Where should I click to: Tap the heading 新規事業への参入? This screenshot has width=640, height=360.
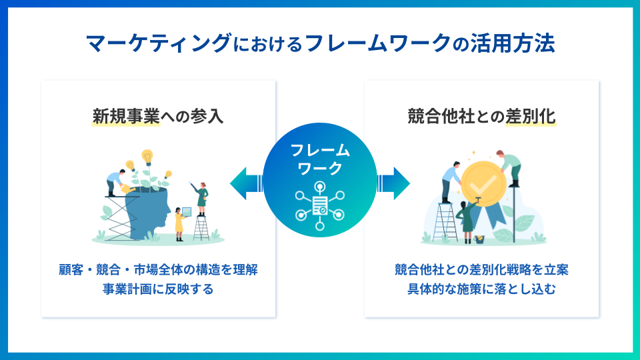pyautogui.click(x=158, y=116)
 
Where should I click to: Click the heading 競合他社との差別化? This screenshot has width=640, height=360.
pyautogui.click(x=481, y=116)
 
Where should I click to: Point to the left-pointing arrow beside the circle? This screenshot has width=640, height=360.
pyautogui.click(x=246, y=183)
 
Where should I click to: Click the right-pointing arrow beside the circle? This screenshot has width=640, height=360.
pyautogui.click(x=393, y=183)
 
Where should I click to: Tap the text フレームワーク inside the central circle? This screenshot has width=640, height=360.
pyautogui.click(x=320, y=159)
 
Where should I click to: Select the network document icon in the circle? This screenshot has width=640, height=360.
pyautogui.click(x=320, y=206)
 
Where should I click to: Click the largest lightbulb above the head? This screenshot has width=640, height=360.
pyautogui.click(x=147, y=157)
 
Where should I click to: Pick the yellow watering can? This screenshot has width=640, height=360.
pyautogui.click(x=128, y=189)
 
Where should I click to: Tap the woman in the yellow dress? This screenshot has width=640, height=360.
pyautogui.click(x=179, y=224)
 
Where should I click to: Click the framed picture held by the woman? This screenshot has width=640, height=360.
pyautogui.click(x=187, y=212)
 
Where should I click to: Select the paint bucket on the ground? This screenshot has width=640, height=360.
pyautogui.click(x=479, y=239)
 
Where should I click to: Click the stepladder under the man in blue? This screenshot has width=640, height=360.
pyautogui.click(x=445, y=222)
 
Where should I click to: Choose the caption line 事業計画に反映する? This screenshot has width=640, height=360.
pyautogui.click(x=158, y=289)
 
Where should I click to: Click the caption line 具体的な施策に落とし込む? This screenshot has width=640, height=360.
pyautogui.click(x=481, y=289)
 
